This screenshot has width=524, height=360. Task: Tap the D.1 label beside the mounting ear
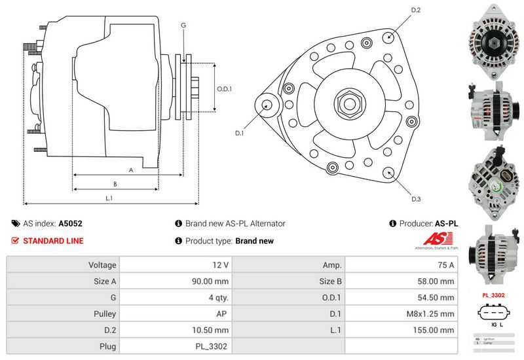240,133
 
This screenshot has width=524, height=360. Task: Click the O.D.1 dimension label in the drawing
225,89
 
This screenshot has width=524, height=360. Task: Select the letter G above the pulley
183,25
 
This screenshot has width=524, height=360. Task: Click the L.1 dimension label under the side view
109,198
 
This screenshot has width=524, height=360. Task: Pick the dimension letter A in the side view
131,170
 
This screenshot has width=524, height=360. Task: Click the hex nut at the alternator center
346,103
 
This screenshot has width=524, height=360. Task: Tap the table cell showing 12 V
221,265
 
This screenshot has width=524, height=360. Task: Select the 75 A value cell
445,265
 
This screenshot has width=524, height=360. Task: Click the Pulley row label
105,314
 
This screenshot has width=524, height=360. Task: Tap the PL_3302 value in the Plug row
213,346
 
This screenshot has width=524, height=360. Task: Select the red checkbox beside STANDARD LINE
16,241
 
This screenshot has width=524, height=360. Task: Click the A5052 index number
71,223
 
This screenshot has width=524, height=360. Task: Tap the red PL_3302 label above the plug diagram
493,295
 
